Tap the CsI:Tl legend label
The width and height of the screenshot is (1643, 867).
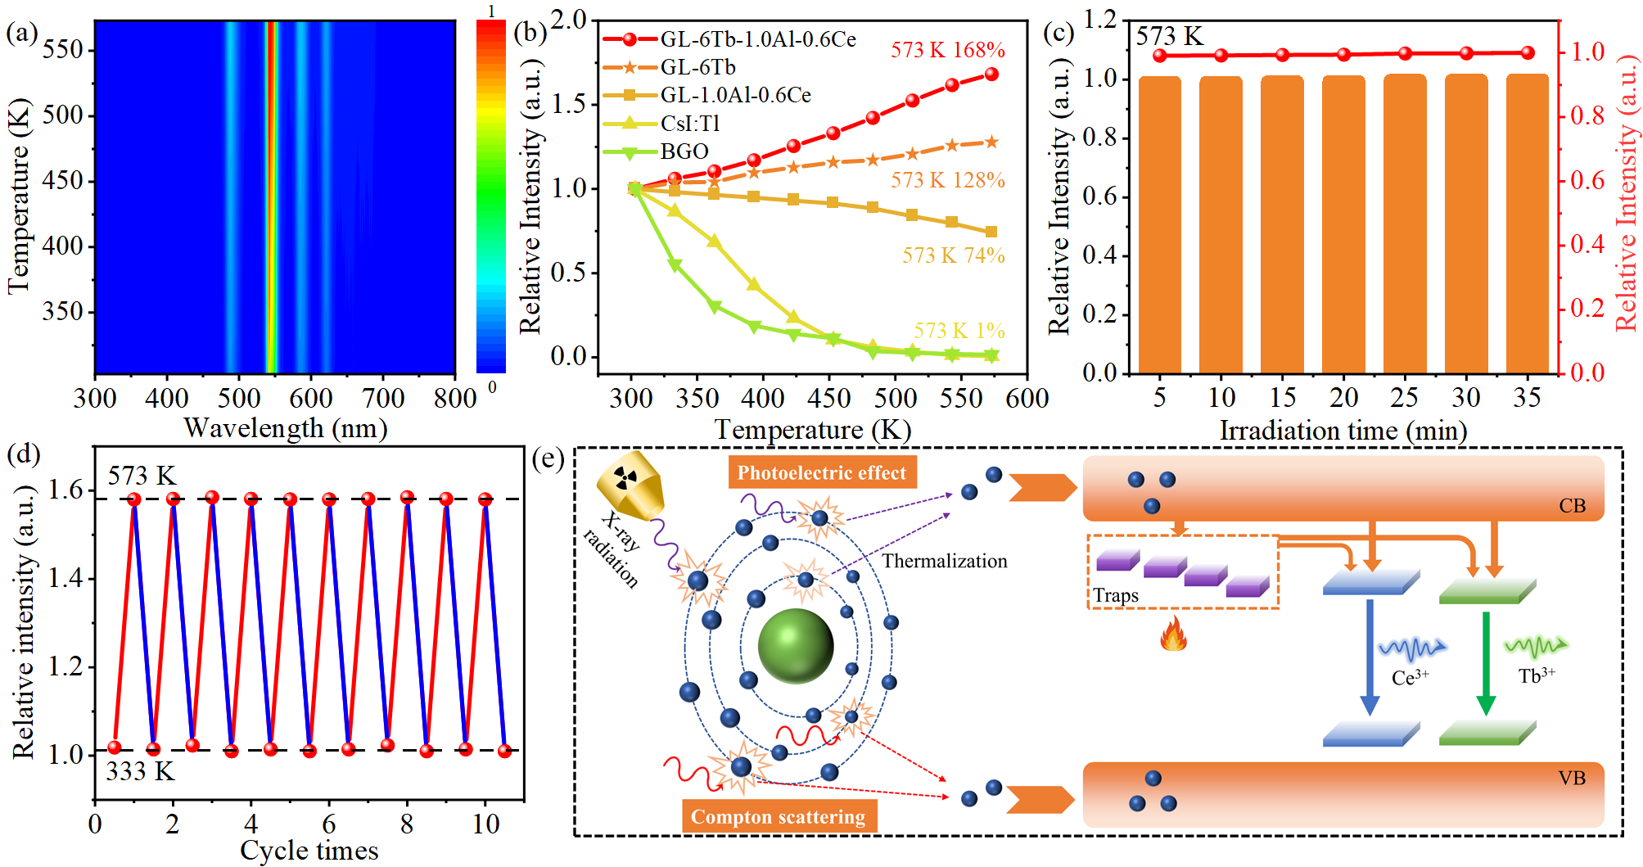click(690, 124)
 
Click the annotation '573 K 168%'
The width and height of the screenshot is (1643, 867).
click(947, 50)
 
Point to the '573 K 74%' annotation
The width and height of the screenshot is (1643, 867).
click(953, 255)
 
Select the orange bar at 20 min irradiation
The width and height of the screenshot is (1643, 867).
click(1343, 225)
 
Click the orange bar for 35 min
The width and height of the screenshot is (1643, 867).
click(1527, 225)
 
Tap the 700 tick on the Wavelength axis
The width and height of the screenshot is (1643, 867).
click(383, 399)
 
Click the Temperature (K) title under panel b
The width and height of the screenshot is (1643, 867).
click(812, 430)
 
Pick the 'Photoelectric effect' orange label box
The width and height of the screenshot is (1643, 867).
click(822, 472)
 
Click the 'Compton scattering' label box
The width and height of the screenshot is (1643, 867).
click(779, 816)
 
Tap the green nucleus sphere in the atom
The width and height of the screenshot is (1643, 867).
click(795, 645)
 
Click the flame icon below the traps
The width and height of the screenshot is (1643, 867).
click(1173, 634)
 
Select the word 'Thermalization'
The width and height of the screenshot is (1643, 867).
click(944, 561)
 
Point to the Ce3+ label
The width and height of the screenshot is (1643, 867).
click(1410, 677)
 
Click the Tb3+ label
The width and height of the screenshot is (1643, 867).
click(1536, 675)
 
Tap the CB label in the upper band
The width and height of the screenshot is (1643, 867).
click(1572, 506)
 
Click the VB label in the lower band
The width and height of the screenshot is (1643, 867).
click(1572, 778)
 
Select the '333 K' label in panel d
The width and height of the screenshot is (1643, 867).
click(140, 771)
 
